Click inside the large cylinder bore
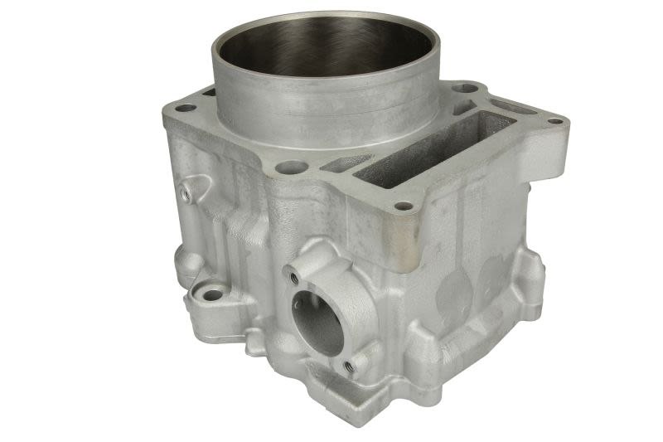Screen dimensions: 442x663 click(323, 50)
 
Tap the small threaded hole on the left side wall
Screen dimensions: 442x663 click(185, 192)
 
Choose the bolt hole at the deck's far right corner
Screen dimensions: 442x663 click(555, 121)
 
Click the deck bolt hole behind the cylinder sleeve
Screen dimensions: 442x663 click(466, 86)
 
